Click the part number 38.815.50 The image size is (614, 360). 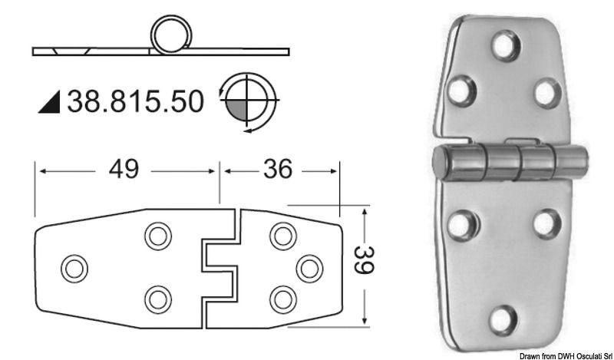click(137, 101)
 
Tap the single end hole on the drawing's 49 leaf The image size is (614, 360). click(74, 268)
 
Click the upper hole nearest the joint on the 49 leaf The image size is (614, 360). click(158, 236)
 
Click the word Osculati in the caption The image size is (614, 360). click(579, 355)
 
